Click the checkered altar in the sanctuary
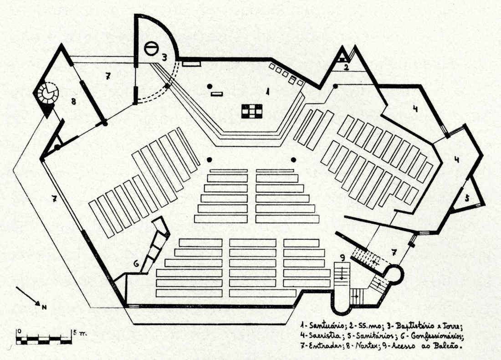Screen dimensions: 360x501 [252, 111]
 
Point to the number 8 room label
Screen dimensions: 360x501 [73, 101]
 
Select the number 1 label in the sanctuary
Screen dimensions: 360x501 [268, 92]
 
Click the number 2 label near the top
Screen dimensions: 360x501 [346, 68]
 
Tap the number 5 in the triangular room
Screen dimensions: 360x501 [467, 198]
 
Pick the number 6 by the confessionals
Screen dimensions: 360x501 [135, 263]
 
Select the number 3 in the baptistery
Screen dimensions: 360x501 [164, 57]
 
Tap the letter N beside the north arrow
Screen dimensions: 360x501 [44, 307]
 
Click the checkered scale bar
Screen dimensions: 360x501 [44, 339]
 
